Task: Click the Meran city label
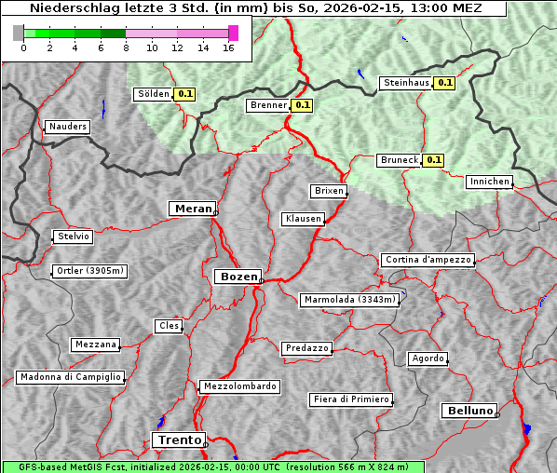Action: pyautogui.click(x=192, y=209)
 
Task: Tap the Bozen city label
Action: pyautogui.click(x=237, y=277)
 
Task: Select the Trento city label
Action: pyautogui.click(x=177, y=439)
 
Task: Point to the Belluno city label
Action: pyautogui.click(x=470, y=410)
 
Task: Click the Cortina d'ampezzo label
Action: pyautogui.click(x=428, y=260)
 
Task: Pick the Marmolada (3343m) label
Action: pyautogui.click(x=350, y=300)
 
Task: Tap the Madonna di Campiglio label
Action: pyautogui.click(x=70, y=377)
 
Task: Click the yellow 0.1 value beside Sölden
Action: pyautogui.click(x=185, y=94)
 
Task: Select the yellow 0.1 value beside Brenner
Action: pyautogui.click(x=302, y=105)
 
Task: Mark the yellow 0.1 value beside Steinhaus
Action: pyautogui.click(x=445, y=83)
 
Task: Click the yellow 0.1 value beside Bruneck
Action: pyautogui.click(x=433, y=160)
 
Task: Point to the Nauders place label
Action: pyautogui.click(x=68, y=127)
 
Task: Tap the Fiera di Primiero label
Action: pyautogui.click(x=350, y=399)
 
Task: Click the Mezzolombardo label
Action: pyautogui.click(x=238, y=386)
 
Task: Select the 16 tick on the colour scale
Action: pyautogui.click(x=229, y=48)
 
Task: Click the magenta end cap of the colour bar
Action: pyautogui.click(x=233, y=33)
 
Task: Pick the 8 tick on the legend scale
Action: pyautogui.click(x=126, y=48)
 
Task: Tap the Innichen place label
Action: pyautogui.click(x=489, y=182)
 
